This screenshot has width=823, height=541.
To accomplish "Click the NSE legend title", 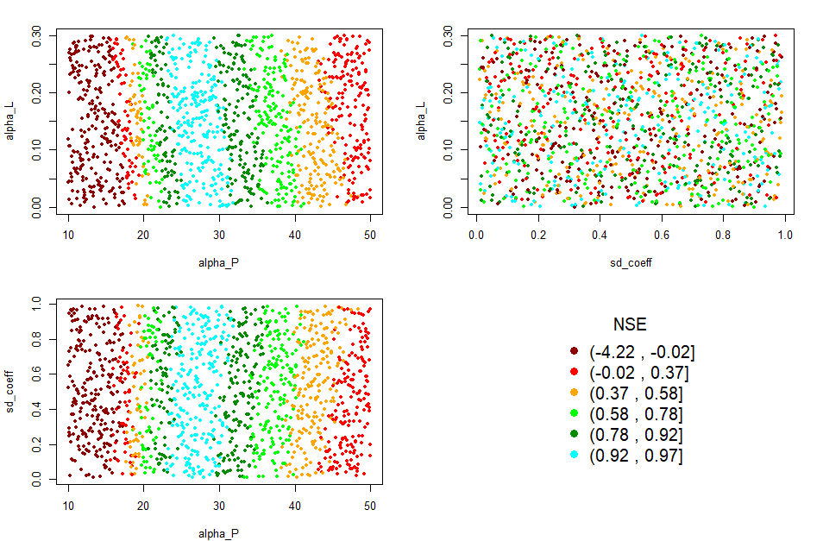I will [x=630, y=324].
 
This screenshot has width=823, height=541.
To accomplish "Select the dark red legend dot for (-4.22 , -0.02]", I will [x=575, y=352].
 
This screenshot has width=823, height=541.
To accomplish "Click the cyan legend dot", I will [x=575, y=456].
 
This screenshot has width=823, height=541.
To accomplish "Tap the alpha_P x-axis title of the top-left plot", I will [x=219, y=262].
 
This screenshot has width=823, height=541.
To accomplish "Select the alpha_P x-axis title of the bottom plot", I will [x=219, y=534].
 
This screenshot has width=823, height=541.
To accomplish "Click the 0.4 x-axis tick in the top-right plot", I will [x=600, y=233].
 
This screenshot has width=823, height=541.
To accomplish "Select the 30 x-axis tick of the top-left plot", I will [x=219, y=233].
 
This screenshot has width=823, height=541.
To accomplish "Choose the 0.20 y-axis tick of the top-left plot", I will [x=36, y=91].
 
